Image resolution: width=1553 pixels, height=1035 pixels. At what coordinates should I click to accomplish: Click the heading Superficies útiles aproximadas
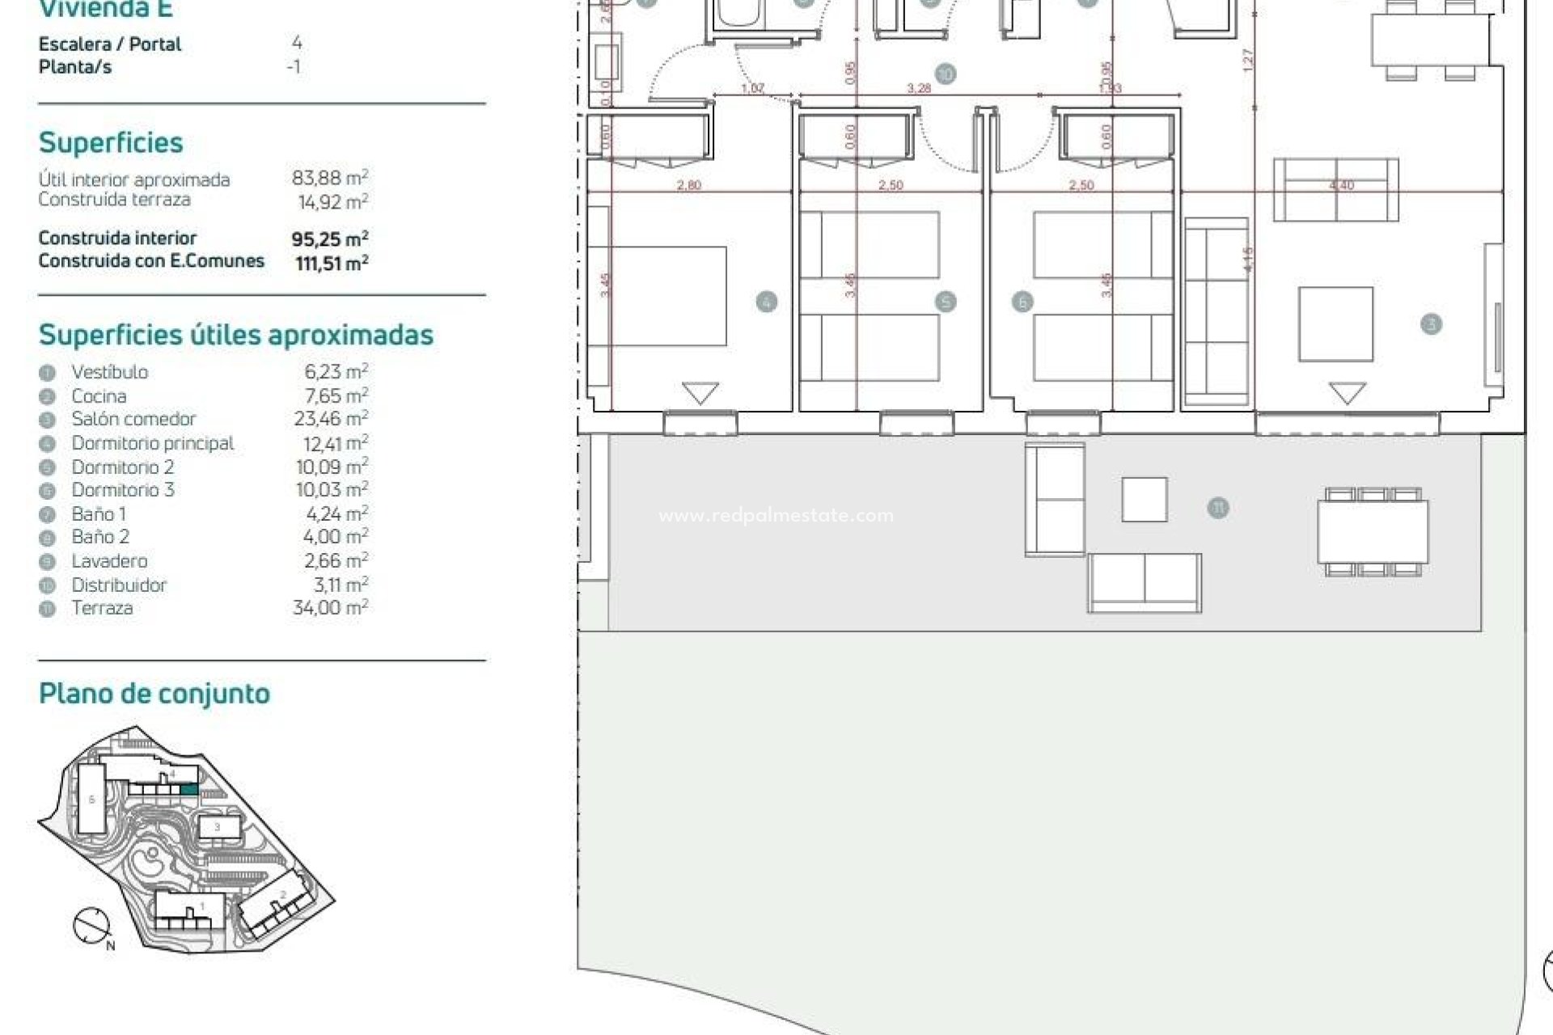point(236,335)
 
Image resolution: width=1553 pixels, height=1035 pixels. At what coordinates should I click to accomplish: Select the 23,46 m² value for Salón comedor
point(331,419)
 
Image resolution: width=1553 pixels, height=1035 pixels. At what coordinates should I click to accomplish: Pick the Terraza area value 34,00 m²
point(330,607)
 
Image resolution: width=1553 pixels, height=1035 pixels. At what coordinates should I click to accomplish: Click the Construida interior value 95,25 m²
point(330,239)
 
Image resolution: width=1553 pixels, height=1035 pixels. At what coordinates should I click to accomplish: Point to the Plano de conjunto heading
point(154,694)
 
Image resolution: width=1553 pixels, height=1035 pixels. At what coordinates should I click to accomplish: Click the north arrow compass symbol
point(91,926)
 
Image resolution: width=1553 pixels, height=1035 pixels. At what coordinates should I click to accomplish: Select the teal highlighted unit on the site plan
point(188,789)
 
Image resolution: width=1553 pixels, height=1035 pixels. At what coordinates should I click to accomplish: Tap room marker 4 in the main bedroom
point(766,302)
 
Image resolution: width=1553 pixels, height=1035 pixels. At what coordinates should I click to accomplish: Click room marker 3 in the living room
point(1431,324)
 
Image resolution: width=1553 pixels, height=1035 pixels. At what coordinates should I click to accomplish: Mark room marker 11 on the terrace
point(1217,508)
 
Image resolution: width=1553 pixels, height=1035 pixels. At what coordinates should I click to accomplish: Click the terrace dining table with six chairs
point(1373,532)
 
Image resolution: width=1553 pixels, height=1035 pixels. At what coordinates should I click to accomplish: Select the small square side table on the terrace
point(1144,500)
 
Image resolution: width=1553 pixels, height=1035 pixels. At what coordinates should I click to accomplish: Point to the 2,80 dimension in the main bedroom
point(688,185)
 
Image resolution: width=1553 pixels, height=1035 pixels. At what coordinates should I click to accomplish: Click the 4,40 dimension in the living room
point(1341,185)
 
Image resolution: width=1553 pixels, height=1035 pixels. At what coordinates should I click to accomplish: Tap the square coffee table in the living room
point(1335,324)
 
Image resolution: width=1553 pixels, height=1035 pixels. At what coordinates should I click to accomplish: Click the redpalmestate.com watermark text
point(776,516)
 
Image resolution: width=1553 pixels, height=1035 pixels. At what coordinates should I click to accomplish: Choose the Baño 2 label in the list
point(100,537)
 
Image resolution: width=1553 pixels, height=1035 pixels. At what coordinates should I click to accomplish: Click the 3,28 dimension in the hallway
point(919,88)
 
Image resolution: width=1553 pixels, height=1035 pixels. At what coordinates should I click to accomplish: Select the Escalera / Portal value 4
point(297,43)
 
